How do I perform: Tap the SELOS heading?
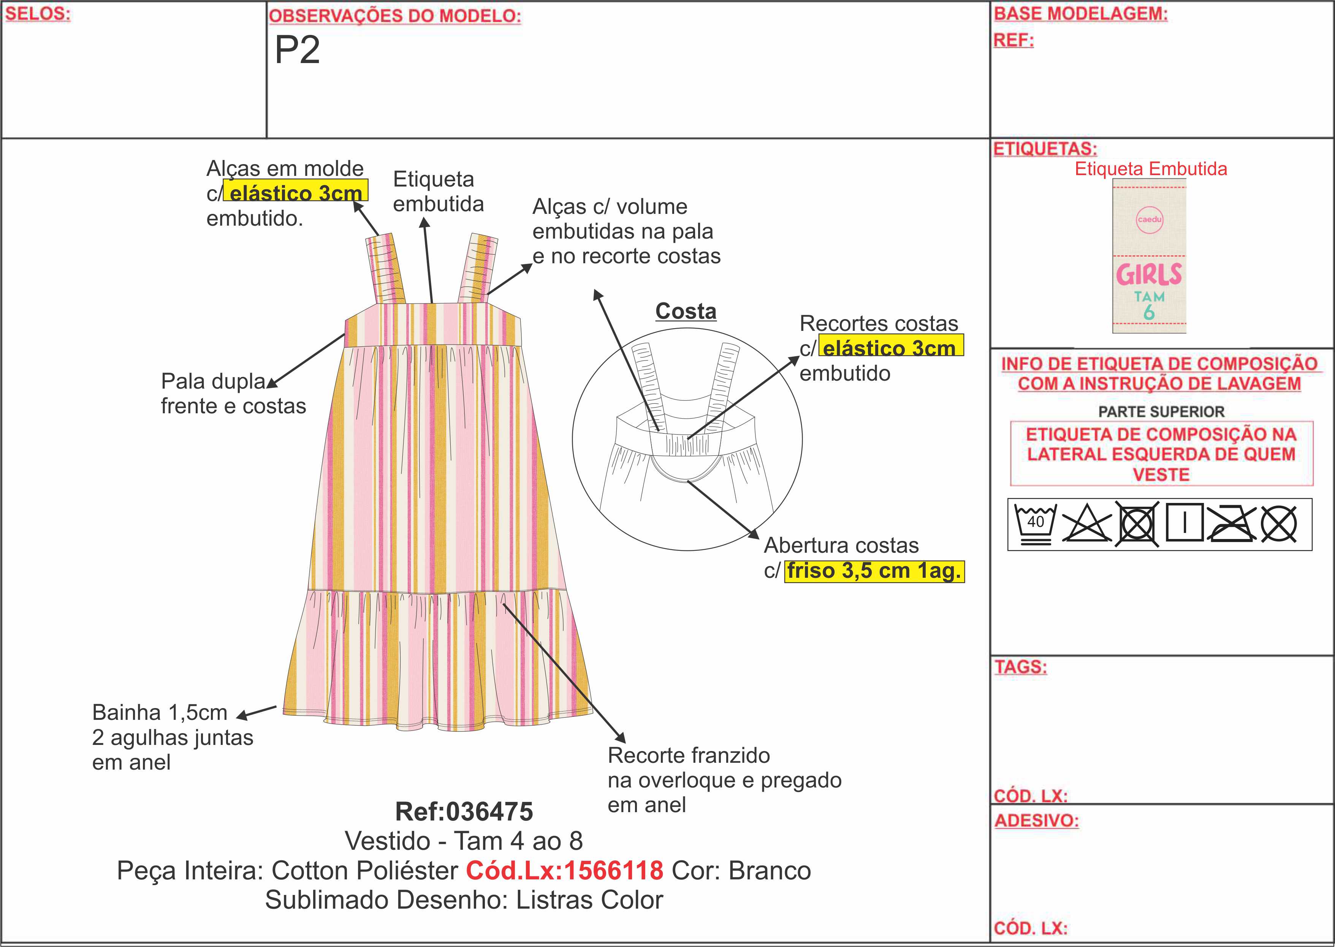(x=37, y=14)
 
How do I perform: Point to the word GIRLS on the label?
(x=1148, y=274)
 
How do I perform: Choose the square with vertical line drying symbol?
(x=1184, y=522)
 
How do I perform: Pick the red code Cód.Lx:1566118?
(x=564, y=871)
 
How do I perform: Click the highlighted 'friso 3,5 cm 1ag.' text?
(x=874, y=571)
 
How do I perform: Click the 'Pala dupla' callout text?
(x=214, y=381)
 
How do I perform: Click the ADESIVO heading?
(x=1036, y=821)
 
